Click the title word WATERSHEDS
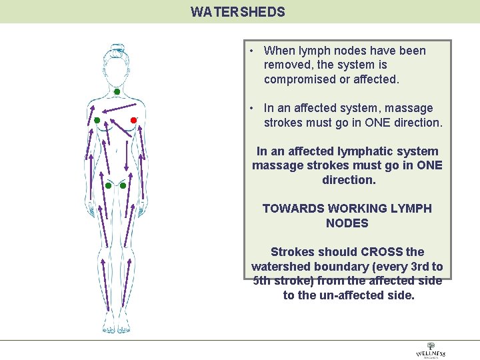[x=237, y=12]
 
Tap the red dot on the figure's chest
[x=133, y=120]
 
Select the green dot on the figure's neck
[x=116, y=91]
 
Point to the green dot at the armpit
[x=97, y=120]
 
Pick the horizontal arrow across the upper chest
[x=121, y=107]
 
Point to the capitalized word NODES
[x=347, y=223]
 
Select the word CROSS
[x=381, y=252]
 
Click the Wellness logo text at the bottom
[x=430, y=353]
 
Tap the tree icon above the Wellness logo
[x=431, y=345]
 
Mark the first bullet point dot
[x=249, y=51]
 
